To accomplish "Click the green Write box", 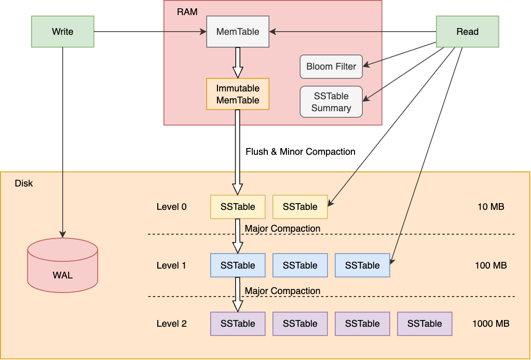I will pyautogui.click(x=62, y=32).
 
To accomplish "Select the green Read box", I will pyautogui.click(x=467, y=32).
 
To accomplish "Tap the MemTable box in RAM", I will pyautogui.click(x=238, y=32).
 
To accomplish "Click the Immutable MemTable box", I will pyautogui.click(x=238, y=94).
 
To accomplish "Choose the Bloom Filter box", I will pyautogui.click(x=331, y=66).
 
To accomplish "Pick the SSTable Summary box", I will pyautogui.click(x=331, y=102).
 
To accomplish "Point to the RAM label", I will pyautogui.click(x=187, y=11).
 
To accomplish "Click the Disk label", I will pyautogui.click(x=24, y=183).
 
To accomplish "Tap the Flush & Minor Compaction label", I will pyautogui.click(x=300, y=152).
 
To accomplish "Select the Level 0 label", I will pyautogui.click(x=171, y=207).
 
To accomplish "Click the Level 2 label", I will pyautogui.click(x=171, y=324).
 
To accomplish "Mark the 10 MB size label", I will pyautogui.click(x=491, y=207).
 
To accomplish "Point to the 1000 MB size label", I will pyautogui.click(x=491, y=324).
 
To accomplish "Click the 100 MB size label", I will pyautogui.click(x=491, y=265).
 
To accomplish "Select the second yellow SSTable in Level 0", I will pyautogui.click(x=300, y=207).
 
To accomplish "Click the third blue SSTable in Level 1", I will pyautogui.click(x=362, y=265).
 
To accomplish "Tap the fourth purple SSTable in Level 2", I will pyautogui.click(x=425, y=324).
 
